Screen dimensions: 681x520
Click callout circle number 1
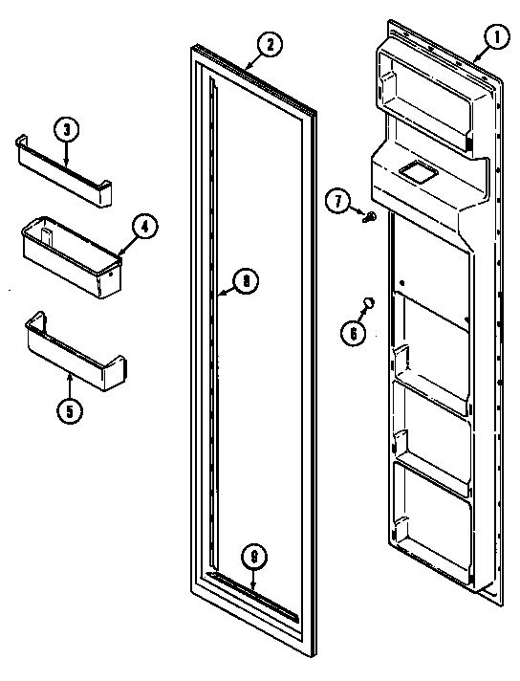[496, 40]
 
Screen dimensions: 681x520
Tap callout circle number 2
[269, 43]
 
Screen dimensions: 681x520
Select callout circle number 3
[65, 130]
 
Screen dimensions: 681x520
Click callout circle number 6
[353, 332]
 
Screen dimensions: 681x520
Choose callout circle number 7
[337, 201]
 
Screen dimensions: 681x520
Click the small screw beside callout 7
[370, 216]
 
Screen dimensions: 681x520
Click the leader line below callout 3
[66, 150]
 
